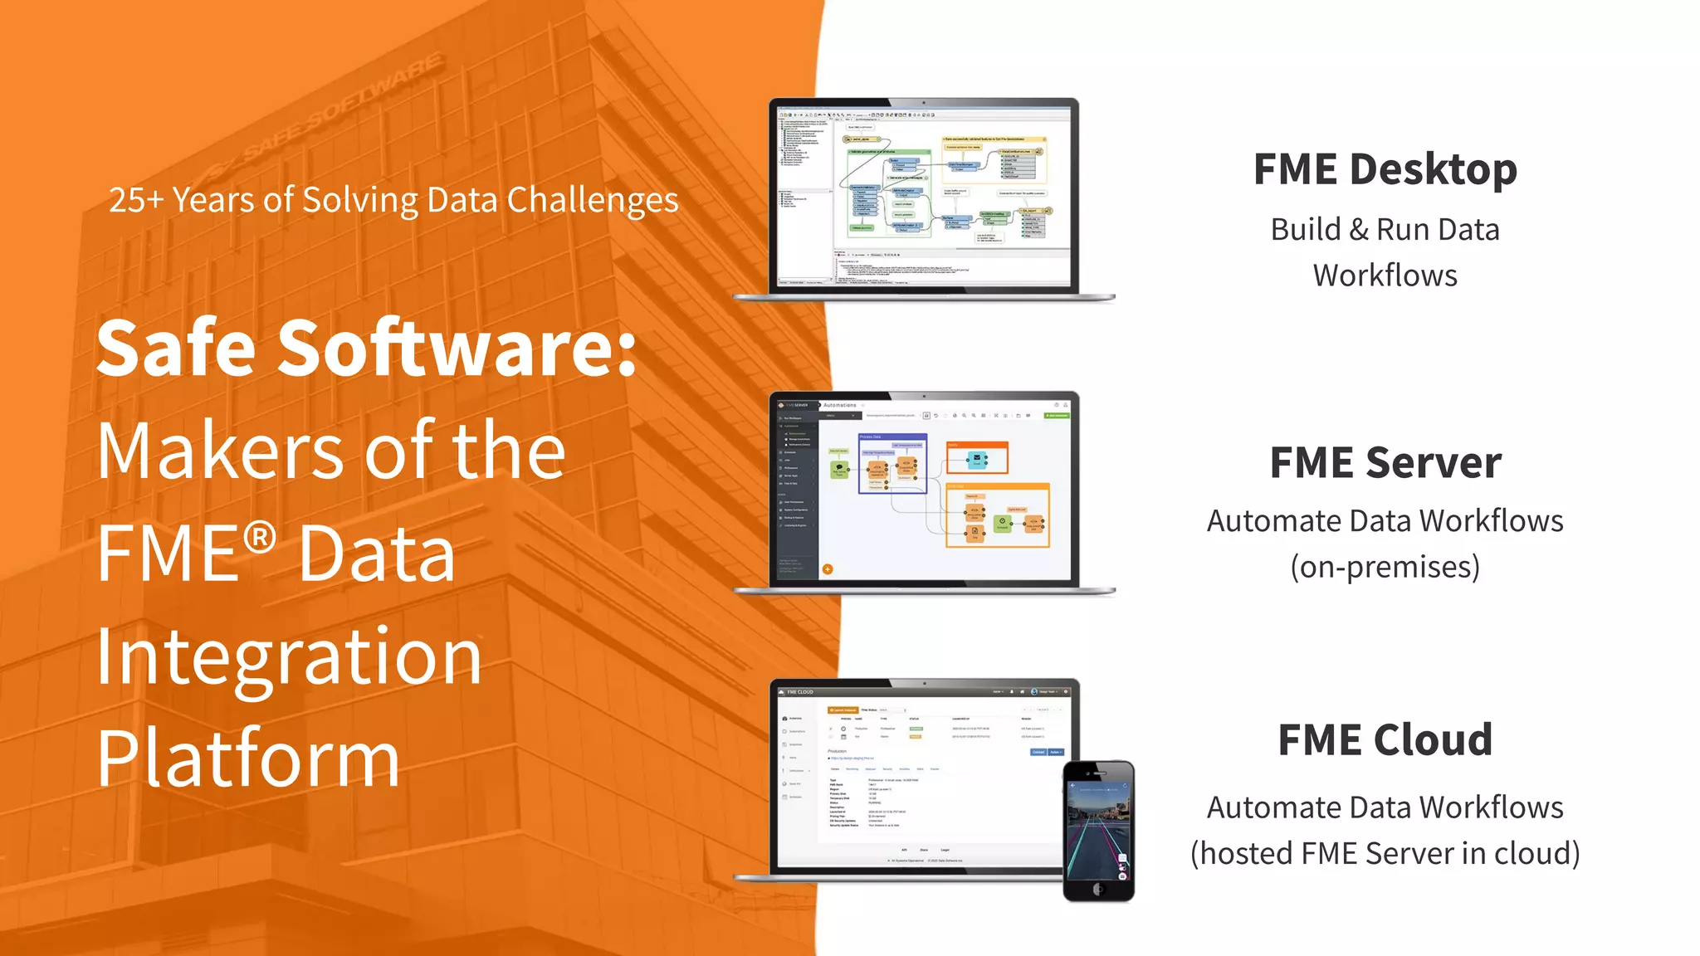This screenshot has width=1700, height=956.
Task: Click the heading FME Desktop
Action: (1385, 170)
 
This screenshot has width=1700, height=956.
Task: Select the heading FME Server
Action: (1385, 463)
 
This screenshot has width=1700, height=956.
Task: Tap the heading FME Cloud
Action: (1385, 740)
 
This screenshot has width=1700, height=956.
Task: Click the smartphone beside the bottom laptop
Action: (1098, 830)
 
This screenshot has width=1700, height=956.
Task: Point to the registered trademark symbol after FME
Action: (260, 538)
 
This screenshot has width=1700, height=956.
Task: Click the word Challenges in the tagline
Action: (592, 201)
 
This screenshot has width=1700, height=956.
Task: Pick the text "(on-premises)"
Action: (1385, 567)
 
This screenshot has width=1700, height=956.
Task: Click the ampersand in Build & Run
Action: (1359, 230)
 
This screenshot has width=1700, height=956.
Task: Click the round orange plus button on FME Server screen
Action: (828, 569)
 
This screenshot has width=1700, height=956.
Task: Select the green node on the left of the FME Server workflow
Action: (839, 470)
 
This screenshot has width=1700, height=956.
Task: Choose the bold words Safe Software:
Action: (366, 349)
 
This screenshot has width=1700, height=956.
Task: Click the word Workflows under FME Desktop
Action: (1385, 276)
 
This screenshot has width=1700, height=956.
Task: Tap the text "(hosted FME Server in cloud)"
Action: (1385, 854)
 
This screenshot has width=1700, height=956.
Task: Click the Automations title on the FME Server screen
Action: (839, 405)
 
